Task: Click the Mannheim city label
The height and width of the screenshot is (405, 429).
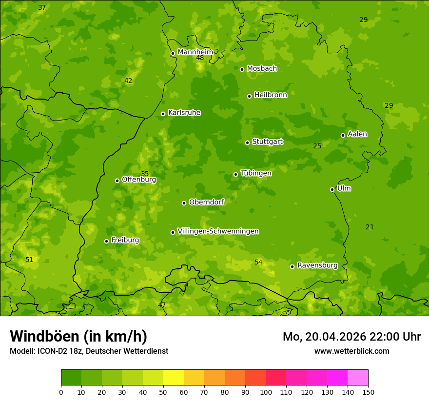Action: pyautogui.click(x=195, y=52)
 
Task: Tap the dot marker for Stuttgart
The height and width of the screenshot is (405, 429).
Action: pyautogui.click(x=247, y=142)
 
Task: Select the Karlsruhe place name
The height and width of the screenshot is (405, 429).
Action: pyautogui.click(x=184, y=113)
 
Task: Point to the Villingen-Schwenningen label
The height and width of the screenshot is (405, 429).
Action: pyautogui.click(x=218, y=231)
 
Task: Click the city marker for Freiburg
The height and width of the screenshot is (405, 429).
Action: pyautogui.click(x=106, y=241)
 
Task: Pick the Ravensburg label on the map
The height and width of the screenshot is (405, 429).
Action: pyautogui.click(x=317, y=265)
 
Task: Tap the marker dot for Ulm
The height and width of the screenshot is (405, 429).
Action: pyautogui.click(x=332, y=189)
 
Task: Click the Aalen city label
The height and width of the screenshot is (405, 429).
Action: pyautogui.click(x=357, y=134)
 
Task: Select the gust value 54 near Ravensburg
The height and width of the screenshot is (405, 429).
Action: pyautogui.click(x=258, y=263)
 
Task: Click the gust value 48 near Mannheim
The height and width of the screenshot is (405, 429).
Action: pyautogui.click(x=200, y=58)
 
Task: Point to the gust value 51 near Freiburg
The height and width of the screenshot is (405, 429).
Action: pyautogui.click(x=29, y=260)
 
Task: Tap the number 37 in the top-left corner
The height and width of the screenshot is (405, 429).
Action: pyautogui.click(x=42, y=8)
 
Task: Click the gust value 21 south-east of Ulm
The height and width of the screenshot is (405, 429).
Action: pyautogui.click(x=370, y=227)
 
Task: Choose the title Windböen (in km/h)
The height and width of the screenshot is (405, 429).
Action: pyautogui.click(x=78, y=336)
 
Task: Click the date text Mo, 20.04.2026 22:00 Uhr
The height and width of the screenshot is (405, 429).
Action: pyautogui.click(x=351, y=337)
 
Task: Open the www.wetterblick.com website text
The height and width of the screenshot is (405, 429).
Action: pyautogui.click(x=351, y=351)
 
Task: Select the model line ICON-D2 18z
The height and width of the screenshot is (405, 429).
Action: pyautogui.click(x=89, y=351)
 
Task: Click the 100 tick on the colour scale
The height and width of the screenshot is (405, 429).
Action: pyautogui.click(x=266, y=392)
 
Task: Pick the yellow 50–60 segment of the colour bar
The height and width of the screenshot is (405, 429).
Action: pyautogui.click(x=174, y=378)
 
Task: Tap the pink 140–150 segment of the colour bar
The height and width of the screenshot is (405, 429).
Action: pyautogui.click(x=358, y=378)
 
